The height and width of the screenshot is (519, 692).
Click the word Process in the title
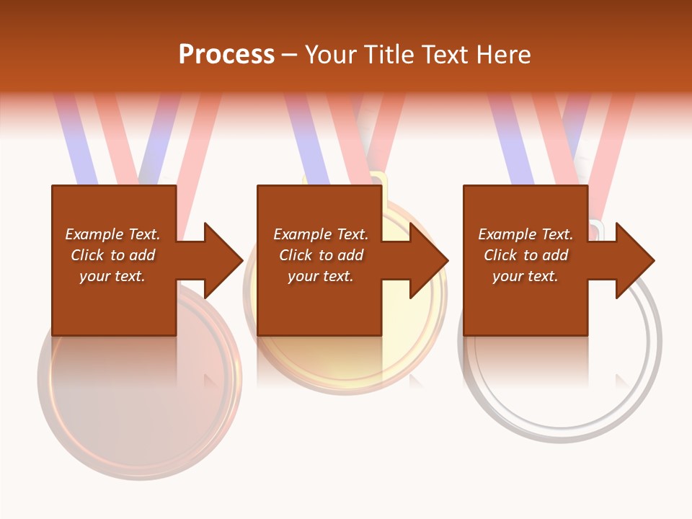226,55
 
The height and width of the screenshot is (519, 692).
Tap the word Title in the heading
390,55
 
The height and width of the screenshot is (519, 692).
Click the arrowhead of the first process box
223,260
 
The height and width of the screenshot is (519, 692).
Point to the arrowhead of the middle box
429,260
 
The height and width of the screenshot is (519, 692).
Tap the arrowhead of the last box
634,260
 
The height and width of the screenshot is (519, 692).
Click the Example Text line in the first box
112,234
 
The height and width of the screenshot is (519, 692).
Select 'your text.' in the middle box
320,276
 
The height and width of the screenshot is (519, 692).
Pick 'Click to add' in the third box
525,255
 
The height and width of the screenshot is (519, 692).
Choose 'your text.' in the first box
112,276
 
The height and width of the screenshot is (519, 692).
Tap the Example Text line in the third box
525,234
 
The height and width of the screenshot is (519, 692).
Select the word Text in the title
443,55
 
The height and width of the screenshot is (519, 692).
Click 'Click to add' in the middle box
320,255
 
